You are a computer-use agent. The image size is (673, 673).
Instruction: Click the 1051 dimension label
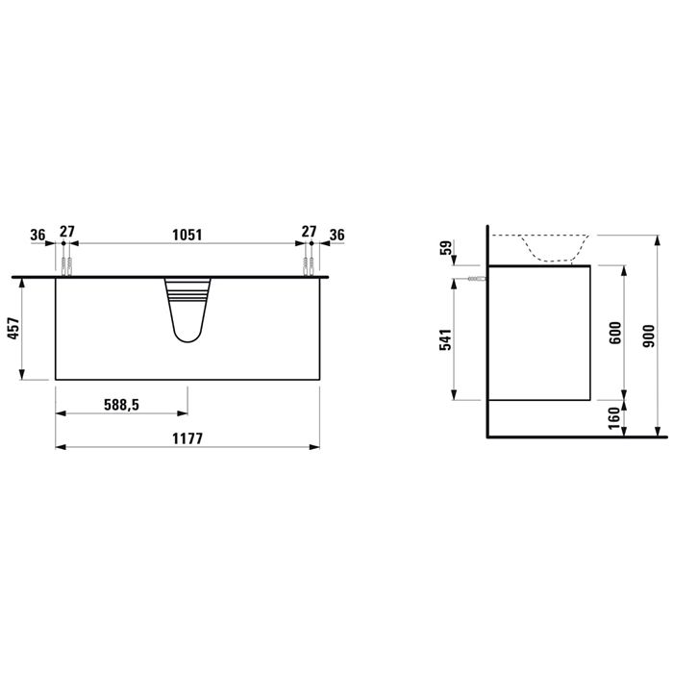pos(187,235)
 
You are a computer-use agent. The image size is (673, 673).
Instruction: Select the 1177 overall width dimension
pos(187,438)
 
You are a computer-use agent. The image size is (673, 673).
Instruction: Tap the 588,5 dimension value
pos(121,405)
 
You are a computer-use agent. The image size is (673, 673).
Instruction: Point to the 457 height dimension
pos(13,329)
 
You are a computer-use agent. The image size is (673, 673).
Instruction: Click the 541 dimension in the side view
pos(445,339)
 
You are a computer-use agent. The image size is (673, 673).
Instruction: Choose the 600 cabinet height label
pos(615,333)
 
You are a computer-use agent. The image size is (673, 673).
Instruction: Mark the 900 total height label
pos(649,336)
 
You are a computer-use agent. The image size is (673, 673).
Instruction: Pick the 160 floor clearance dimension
pos(614,418)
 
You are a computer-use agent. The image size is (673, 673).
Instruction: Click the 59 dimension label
pos(446,248)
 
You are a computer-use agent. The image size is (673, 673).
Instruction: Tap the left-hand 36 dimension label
pos(37,235)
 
